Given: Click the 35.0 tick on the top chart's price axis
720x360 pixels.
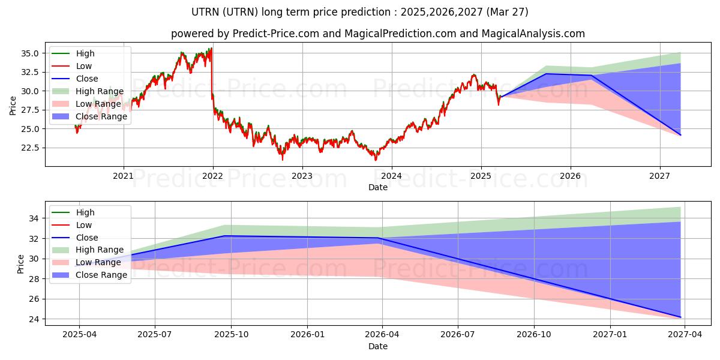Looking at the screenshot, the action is (30, 53).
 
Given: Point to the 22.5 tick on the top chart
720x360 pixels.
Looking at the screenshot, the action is (30, 148).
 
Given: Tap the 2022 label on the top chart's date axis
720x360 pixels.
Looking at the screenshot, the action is (213, 176).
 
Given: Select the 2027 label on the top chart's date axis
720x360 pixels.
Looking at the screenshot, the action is (659, 176).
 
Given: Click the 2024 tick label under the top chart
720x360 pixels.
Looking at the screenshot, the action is (391, 176).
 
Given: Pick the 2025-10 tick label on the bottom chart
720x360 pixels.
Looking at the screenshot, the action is (232, 335).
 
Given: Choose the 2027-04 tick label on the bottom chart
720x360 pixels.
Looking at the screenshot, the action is (685, 335).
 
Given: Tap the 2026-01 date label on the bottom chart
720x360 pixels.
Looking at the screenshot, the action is (308, 335).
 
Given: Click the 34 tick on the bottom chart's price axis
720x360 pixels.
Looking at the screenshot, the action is (34, 218).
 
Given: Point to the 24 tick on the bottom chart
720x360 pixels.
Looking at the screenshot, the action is (34, 319).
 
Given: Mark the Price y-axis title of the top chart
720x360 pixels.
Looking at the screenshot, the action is (13, 106).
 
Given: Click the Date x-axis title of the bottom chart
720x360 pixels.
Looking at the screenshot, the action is (378, 347).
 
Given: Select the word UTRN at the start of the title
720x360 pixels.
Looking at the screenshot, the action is (205, 12).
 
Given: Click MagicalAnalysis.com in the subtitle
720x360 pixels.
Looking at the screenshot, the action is (533, 34).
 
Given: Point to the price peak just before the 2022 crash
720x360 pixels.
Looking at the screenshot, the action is (211, 48).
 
